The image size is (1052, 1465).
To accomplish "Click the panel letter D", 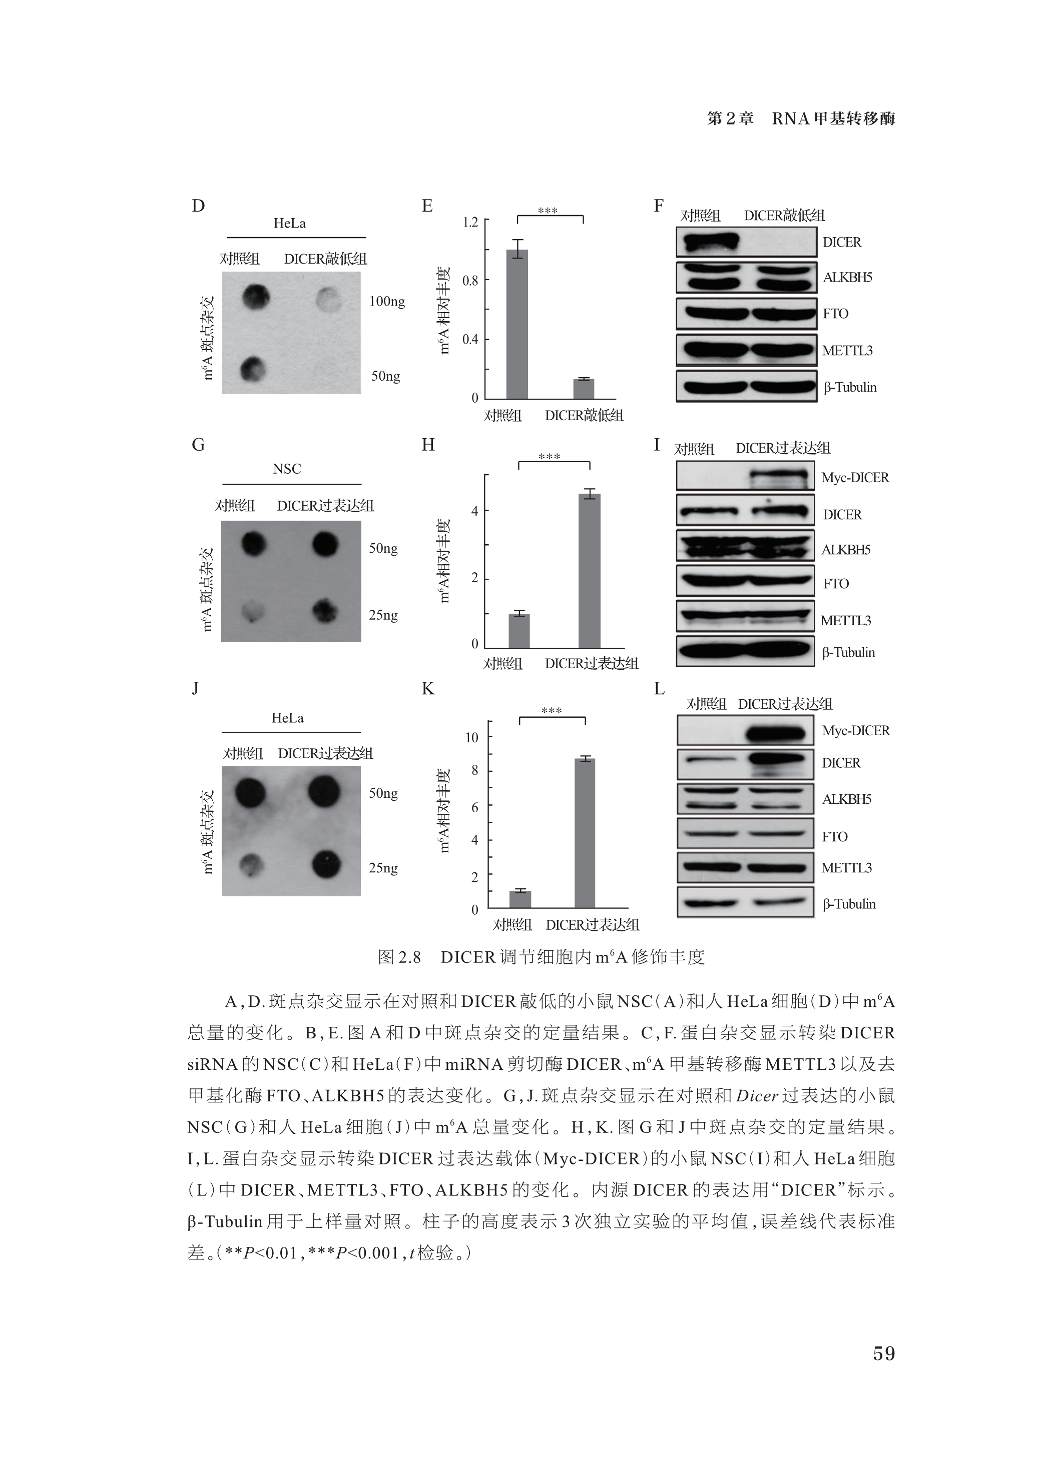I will pos(198,206).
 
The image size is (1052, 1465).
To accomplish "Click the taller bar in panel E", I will pos(516,323).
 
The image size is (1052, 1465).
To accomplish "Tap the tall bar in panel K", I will pos(585,833).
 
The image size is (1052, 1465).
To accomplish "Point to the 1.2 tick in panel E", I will pos(470,222).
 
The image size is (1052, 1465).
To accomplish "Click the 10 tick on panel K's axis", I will pos(472,737).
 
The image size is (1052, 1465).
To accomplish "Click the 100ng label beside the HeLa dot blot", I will pos(387,302).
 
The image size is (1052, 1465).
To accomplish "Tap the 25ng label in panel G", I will pos(383,615).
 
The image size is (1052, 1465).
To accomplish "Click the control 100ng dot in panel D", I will pos(256,297).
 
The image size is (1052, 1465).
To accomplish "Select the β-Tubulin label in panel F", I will pos(850,388).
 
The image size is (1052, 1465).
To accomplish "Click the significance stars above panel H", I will pos(549,457).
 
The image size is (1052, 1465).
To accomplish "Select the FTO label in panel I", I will pos(835,584).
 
